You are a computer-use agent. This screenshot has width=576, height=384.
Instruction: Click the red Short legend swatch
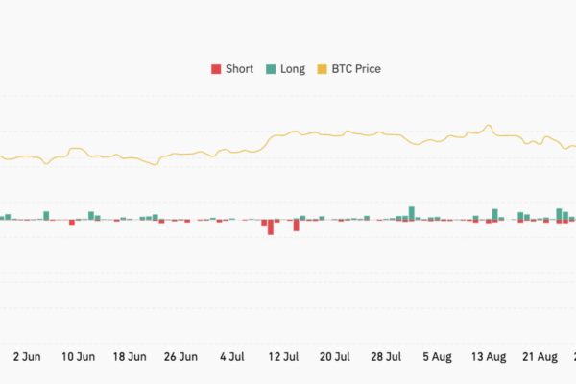(x=216, y=69)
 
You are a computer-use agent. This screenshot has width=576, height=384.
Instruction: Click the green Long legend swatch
(x=272, y=69)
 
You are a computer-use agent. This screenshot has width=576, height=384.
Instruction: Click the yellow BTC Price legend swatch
(x=322, y=69)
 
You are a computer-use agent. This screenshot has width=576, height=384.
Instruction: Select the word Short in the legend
(x=239, y=69)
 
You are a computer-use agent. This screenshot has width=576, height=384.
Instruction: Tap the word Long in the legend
(x=293, y=69)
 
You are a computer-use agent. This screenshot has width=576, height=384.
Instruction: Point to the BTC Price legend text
(x=356, y=69)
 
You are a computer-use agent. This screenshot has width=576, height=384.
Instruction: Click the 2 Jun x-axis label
(x=27, y=356)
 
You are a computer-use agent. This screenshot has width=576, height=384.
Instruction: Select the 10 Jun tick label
(x=78, y=356)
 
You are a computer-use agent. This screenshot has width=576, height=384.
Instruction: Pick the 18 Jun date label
(x=130, y=356)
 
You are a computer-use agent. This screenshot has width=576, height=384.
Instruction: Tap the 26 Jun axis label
(x=181, y=356)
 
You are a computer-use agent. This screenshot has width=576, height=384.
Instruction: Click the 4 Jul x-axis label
(x=232, y=356)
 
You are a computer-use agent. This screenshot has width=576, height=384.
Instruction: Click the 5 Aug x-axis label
(x=437, y=356)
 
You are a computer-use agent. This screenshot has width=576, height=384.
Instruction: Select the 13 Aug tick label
(x=489, y=356)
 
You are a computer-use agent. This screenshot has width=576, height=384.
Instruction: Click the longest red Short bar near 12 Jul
(x=271, y=228)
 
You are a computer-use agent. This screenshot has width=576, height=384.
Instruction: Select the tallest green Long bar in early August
(x=412, y=213)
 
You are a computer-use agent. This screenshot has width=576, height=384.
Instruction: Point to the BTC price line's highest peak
(x=490, y=126)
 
